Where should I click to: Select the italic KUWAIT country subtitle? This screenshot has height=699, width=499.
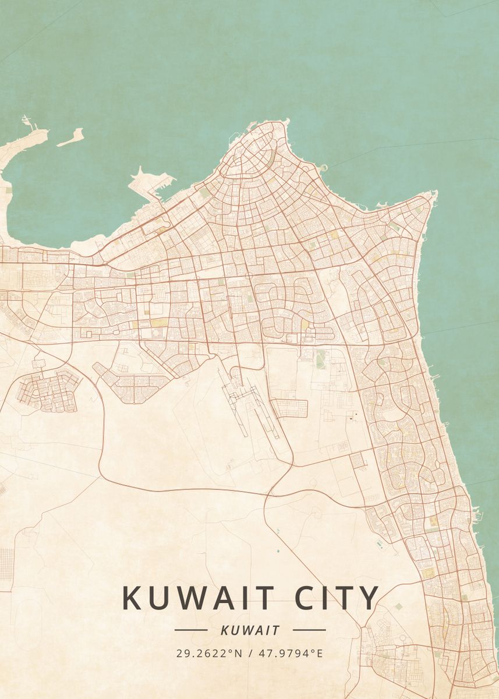pyautogui.click(x=250, y=630)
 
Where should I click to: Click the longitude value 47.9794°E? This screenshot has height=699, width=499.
pyautogui.click(x=289, y=653)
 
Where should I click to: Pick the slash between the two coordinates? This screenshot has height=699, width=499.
pyautogui.click(x=250, y=653)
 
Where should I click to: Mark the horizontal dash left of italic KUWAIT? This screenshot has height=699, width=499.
pyautogui.click(x=191, y=630)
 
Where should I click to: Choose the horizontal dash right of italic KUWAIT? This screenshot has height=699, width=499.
pyautogui.click(x=309, y=630)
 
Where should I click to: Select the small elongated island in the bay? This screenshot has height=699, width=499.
pyautogui.click(x=70, y=137)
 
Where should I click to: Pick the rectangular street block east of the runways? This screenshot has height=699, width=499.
pyautogui.click(x=289, y=408)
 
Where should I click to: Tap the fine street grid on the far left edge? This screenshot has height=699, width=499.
pyautogui.click(x=6, y=563)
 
